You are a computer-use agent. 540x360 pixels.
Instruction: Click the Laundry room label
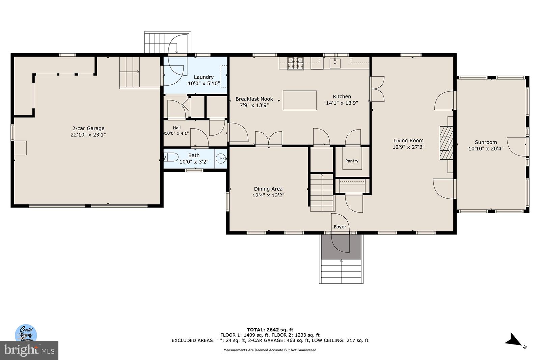click(x=204, y=77)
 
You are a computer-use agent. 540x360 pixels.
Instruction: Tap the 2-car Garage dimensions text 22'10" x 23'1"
click(x=88, y=135)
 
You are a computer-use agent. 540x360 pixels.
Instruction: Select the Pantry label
click(x=352, y=161)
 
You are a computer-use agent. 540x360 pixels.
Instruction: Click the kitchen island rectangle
click(x=300, y=100)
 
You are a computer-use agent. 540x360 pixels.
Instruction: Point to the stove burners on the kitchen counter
click(x=295, y=63)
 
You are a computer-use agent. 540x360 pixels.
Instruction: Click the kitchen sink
click(x=335, y=63)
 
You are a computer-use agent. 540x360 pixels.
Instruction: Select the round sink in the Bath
click(x=221, y=159)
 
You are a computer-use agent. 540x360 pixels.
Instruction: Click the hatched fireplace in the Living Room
click(x=447, y=143)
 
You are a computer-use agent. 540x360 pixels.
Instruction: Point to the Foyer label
click(x=340, y=227)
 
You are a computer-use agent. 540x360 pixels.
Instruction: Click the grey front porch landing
click(x=341, y=247)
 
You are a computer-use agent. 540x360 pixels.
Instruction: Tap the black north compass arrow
click(x=513, y=339)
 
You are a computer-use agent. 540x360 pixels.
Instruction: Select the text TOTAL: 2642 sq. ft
click(x=270, y=330)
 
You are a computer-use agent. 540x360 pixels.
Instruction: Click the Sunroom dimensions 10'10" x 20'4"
click(x=486, y=149)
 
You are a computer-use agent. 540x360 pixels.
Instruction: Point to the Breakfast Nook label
click(x=254, y=99)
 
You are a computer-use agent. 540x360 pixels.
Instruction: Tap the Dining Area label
click(x=268, y=189)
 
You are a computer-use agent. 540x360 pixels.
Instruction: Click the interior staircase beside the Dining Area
click(x=322, y=192)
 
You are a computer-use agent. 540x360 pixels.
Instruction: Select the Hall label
click(x=177, y=128)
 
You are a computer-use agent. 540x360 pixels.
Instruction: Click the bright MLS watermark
click(x=29, y=350)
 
